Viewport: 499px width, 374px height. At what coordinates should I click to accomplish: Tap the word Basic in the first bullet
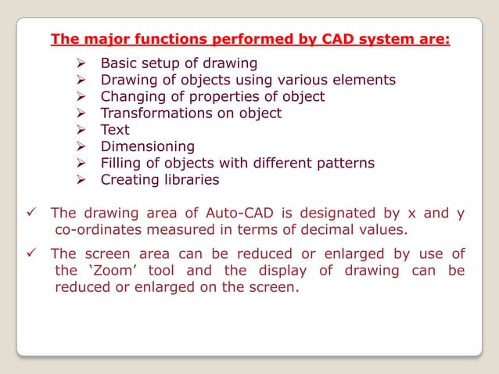(120, 63)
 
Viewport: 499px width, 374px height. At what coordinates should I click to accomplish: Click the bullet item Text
(115, 130)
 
